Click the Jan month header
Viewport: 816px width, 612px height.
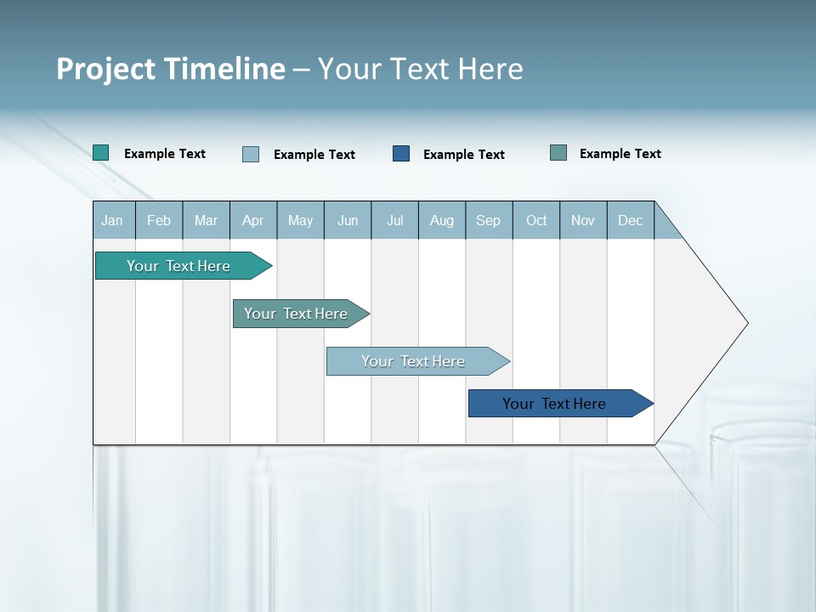[113, 220]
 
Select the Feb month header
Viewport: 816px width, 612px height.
[159, 220]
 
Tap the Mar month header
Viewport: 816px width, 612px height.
[206, 220]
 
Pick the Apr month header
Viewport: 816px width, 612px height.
[253, 220]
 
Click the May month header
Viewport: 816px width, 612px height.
[300, 220]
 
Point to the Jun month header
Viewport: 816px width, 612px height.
[348, 220]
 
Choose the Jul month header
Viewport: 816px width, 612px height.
[394, 220]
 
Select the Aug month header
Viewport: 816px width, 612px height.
[442, 220]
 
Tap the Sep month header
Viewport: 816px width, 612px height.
[489, 220]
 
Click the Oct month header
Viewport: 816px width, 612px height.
[536, 220]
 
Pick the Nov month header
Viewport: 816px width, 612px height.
[583, 220]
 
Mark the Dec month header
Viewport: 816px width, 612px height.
[631, 220]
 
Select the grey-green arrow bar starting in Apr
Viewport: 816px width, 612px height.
[297, 314]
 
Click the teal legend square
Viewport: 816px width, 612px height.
[101, 153]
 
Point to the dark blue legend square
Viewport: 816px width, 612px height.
[401, 154]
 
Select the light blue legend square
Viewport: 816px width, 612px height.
[251, 154]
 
